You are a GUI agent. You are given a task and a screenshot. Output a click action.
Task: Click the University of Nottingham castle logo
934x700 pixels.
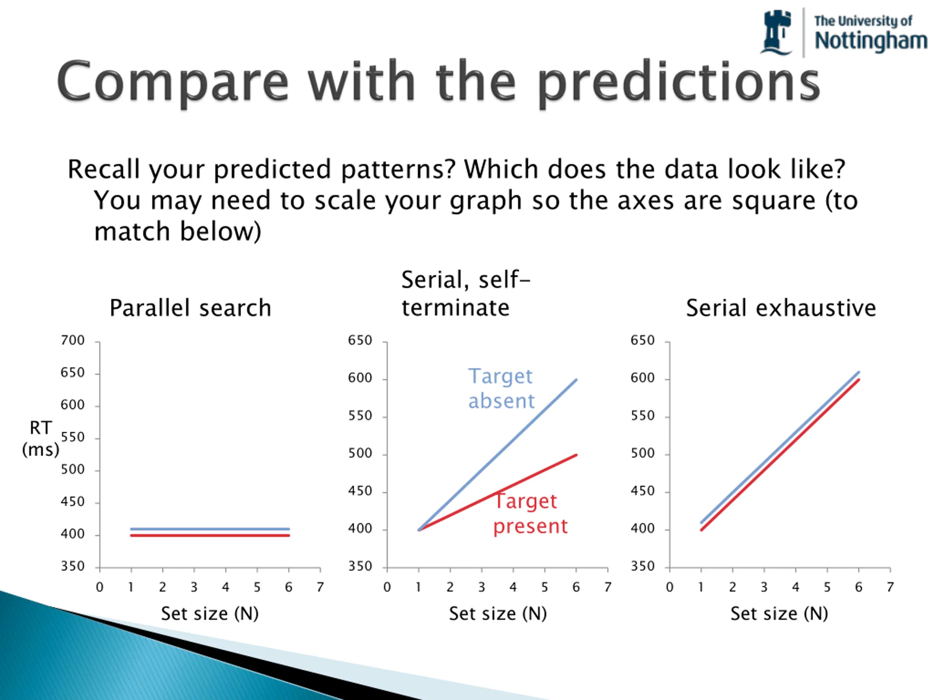pos(776,32)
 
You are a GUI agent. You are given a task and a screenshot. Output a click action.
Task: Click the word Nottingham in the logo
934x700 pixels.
pos(871,41)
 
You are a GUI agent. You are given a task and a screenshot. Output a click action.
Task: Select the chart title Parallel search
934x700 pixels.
pos(190,308)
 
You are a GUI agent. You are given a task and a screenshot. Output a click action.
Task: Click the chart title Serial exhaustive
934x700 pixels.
pos(781,308)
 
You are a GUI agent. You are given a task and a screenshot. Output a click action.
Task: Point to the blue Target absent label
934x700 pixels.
pos(501,388)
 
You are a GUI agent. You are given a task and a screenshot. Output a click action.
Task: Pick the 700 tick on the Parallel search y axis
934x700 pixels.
pos(73,340)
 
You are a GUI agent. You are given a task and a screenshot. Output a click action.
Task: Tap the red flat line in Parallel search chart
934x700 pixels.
pos(210,536)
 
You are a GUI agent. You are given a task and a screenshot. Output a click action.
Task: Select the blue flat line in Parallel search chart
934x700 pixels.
pos(210,529)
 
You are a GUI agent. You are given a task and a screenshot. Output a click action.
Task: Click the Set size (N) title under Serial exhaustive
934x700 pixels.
pos(779,614)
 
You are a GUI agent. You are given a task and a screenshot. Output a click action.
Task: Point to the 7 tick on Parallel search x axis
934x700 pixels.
pos(320,587)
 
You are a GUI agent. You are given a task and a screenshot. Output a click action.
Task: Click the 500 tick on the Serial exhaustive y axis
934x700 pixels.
pos(642,453)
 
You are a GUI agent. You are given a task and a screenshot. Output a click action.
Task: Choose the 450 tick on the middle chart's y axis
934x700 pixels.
pos(360,491)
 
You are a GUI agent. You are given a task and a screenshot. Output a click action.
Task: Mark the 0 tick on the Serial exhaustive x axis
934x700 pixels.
pos(670,587)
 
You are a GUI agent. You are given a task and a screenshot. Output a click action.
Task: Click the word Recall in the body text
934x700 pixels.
pos(104,169)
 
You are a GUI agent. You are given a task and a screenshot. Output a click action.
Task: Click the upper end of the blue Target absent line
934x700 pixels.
pos(576,380)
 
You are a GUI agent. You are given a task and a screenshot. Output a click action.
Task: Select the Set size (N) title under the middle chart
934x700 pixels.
pos(498,614)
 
